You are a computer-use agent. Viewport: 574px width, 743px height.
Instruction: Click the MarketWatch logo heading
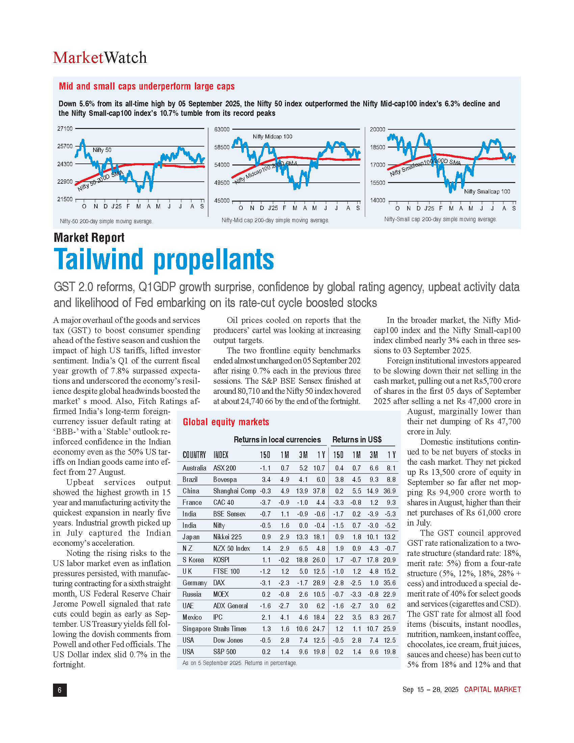tap(100, 57)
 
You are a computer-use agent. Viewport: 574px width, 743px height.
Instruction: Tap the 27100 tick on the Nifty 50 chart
tap(64, 129)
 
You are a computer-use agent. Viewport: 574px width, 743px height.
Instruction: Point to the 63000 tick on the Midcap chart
tap(222, 129)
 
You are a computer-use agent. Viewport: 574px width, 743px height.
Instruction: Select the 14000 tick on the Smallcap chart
tap(377, 200)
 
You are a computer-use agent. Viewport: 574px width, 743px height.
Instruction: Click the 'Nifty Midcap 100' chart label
tap(272, 137)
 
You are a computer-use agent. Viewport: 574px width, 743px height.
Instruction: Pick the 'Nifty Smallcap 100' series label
tap(487, 191)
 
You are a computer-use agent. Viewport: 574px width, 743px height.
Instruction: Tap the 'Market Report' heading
tap(89, 237)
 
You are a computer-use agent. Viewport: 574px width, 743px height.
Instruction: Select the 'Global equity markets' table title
tap(226, 422)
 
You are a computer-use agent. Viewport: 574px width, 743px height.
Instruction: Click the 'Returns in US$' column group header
tap(357, 439)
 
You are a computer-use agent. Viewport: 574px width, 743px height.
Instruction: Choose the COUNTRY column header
tap(194, 455)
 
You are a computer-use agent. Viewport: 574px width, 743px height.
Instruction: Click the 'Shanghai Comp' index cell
tap(234, 491)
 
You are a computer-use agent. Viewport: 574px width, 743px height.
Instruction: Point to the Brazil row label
tap(190, 479)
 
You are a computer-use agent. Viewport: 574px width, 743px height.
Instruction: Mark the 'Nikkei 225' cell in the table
tap(227, 537)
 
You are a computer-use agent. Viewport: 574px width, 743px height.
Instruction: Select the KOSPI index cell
tap(221, 560)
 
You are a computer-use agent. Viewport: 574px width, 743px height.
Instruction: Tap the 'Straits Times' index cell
tap(230, 629)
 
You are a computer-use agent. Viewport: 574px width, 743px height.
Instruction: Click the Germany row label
tap(194, 583)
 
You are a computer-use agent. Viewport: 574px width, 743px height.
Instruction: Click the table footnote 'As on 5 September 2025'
tap(239, 663)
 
